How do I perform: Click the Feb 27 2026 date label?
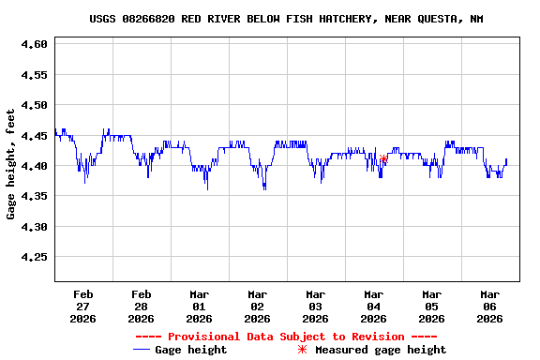pyautogui.click(x=83, y=306)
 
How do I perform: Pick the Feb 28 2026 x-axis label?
pyautogui.click(x=142, y=306)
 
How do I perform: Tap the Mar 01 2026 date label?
pyautogui.click(x=200, y=306)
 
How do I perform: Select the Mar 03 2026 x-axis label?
pyautogui.click(x=316, y=306)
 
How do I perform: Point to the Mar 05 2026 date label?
pyautogui.click(x=431, y=306)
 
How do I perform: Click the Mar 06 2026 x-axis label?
pyautogui.click(x=489, y=306)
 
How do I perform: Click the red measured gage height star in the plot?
pyautogui.click(x=384, y=159)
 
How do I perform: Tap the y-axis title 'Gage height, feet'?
pyautogui.click(x=11, y=164)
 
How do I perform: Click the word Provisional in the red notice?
pyautogui.click(x=202, y=337)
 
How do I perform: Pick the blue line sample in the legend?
pyautogui.click(x=142, y=350)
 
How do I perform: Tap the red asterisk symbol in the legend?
pyautogui.click(x=302, y=350)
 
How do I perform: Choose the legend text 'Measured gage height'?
pyautogui.click(x=381, y=350)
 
